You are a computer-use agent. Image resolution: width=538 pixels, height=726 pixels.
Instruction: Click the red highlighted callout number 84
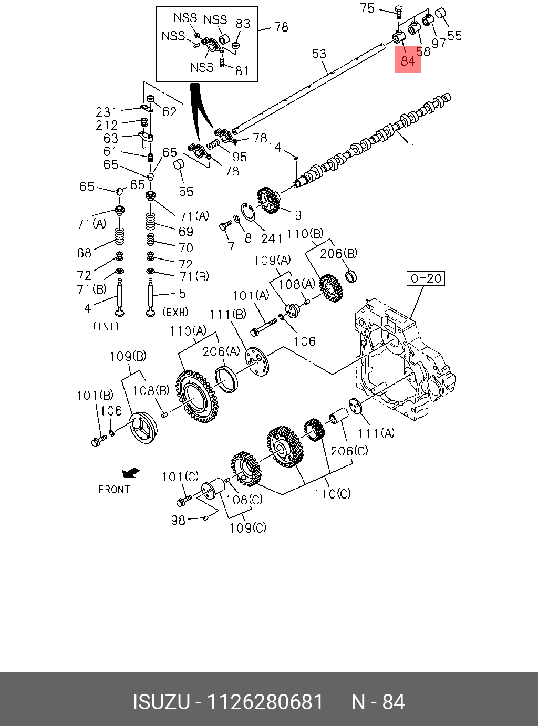[x=408, y=61]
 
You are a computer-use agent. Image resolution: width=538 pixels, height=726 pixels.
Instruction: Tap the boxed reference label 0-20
[x=426, y=278]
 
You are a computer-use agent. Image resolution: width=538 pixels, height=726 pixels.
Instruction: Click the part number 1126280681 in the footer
[x=265, y=702]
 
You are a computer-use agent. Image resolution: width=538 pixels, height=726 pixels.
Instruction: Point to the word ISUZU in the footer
[x=160, y=702]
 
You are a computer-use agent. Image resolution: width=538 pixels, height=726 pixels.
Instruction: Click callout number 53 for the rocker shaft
[x=319, y=54]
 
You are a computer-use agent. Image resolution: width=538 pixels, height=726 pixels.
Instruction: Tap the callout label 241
[x=272, y=238]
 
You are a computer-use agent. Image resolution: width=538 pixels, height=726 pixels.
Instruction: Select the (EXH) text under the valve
[x=175, y=312]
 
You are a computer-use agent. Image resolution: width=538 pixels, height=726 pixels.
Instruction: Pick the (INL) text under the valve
[x=106, y=326]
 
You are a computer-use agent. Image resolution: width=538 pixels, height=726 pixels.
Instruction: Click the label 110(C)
[x=333, y=494]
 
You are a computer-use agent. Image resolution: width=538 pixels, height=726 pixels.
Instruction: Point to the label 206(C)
[x=349, y=451]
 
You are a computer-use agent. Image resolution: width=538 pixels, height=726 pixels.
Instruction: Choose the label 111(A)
[x=376, y=433]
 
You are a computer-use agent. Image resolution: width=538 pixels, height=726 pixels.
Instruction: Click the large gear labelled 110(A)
[x=196, y=397]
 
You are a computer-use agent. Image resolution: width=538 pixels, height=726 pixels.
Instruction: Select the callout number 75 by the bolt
[x=367, y=8]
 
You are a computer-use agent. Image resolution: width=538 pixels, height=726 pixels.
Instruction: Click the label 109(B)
[x=128, y=356]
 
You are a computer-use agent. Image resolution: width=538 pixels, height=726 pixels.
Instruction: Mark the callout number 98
[x=178, y=520]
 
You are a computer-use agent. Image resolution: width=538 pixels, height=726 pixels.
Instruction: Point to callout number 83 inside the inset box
[x=243, y=24]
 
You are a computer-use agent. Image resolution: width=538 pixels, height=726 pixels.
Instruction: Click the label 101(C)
[x=180, y=476]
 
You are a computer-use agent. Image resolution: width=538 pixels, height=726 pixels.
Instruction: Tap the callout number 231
[x=107, y=112]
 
